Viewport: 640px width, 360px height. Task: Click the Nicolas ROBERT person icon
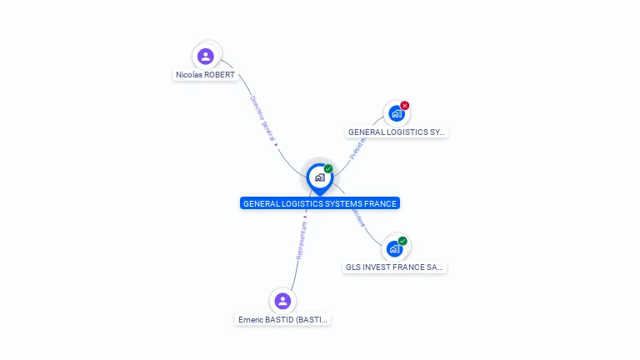206,57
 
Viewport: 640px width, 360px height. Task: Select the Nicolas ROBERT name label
205,75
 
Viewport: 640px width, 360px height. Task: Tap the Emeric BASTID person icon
282,301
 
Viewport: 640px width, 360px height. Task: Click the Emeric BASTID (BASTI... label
283,319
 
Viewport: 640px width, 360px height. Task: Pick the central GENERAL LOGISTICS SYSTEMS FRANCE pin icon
319,177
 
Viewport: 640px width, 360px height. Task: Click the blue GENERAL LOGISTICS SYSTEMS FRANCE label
320,203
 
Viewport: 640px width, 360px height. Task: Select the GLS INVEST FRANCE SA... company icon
395,248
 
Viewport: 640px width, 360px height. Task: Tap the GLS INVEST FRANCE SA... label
395,267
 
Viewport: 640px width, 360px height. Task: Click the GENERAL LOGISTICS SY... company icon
396,113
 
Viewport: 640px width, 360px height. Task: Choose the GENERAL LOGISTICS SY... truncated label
397,132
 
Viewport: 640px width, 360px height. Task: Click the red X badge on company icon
405,106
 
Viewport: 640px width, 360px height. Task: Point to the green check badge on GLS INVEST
403,241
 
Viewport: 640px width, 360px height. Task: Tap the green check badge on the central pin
328,169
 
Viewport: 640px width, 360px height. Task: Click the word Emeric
251,319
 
